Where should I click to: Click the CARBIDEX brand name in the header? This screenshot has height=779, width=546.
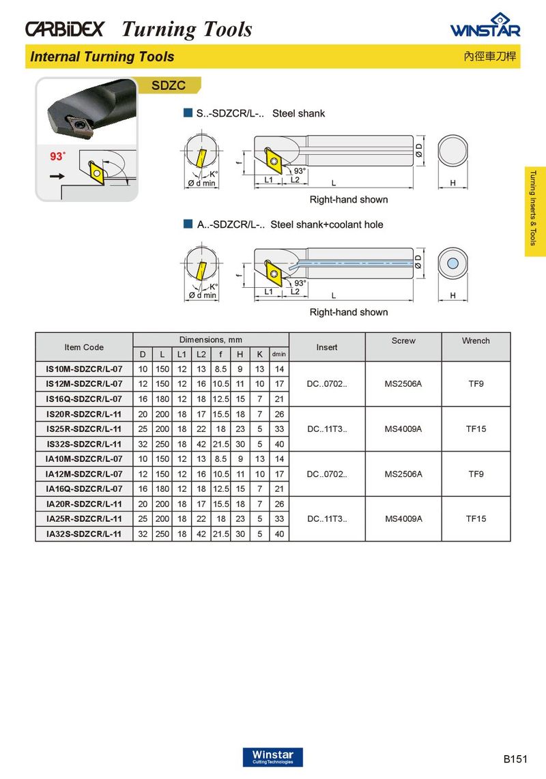(65, 29)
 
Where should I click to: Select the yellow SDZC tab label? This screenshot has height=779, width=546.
(169, 86)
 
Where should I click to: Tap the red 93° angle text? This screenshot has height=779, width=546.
(57, 156)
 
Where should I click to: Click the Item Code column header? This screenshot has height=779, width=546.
(84, 347)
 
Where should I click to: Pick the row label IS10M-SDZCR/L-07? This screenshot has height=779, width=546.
(84, 369)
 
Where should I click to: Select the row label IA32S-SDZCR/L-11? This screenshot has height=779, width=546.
(84, 534)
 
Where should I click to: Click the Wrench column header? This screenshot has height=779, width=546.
(476, 340)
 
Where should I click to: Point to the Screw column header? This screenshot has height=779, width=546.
(403, 340)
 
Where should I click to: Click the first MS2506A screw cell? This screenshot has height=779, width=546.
(403, 384)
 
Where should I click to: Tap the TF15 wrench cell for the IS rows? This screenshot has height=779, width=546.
(476, 429)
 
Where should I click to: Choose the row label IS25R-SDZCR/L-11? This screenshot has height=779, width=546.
(84, 429)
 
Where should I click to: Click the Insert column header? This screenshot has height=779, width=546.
(327, 347)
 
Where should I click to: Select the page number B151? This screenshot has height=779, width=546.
(516, 759)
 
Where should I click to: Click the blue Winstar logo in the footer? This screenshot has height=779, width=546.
(272, 756)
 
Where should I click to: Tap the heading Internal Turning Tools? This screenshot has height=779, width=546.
(102, 57)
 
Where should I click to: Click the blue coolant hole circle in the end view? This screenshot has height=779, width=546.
(452, 264)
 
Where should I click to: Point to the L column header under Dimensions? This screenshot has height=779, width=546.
(162, 355)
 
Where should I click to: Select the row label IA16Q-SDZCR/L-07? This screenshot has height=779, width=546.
(84, 489)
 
